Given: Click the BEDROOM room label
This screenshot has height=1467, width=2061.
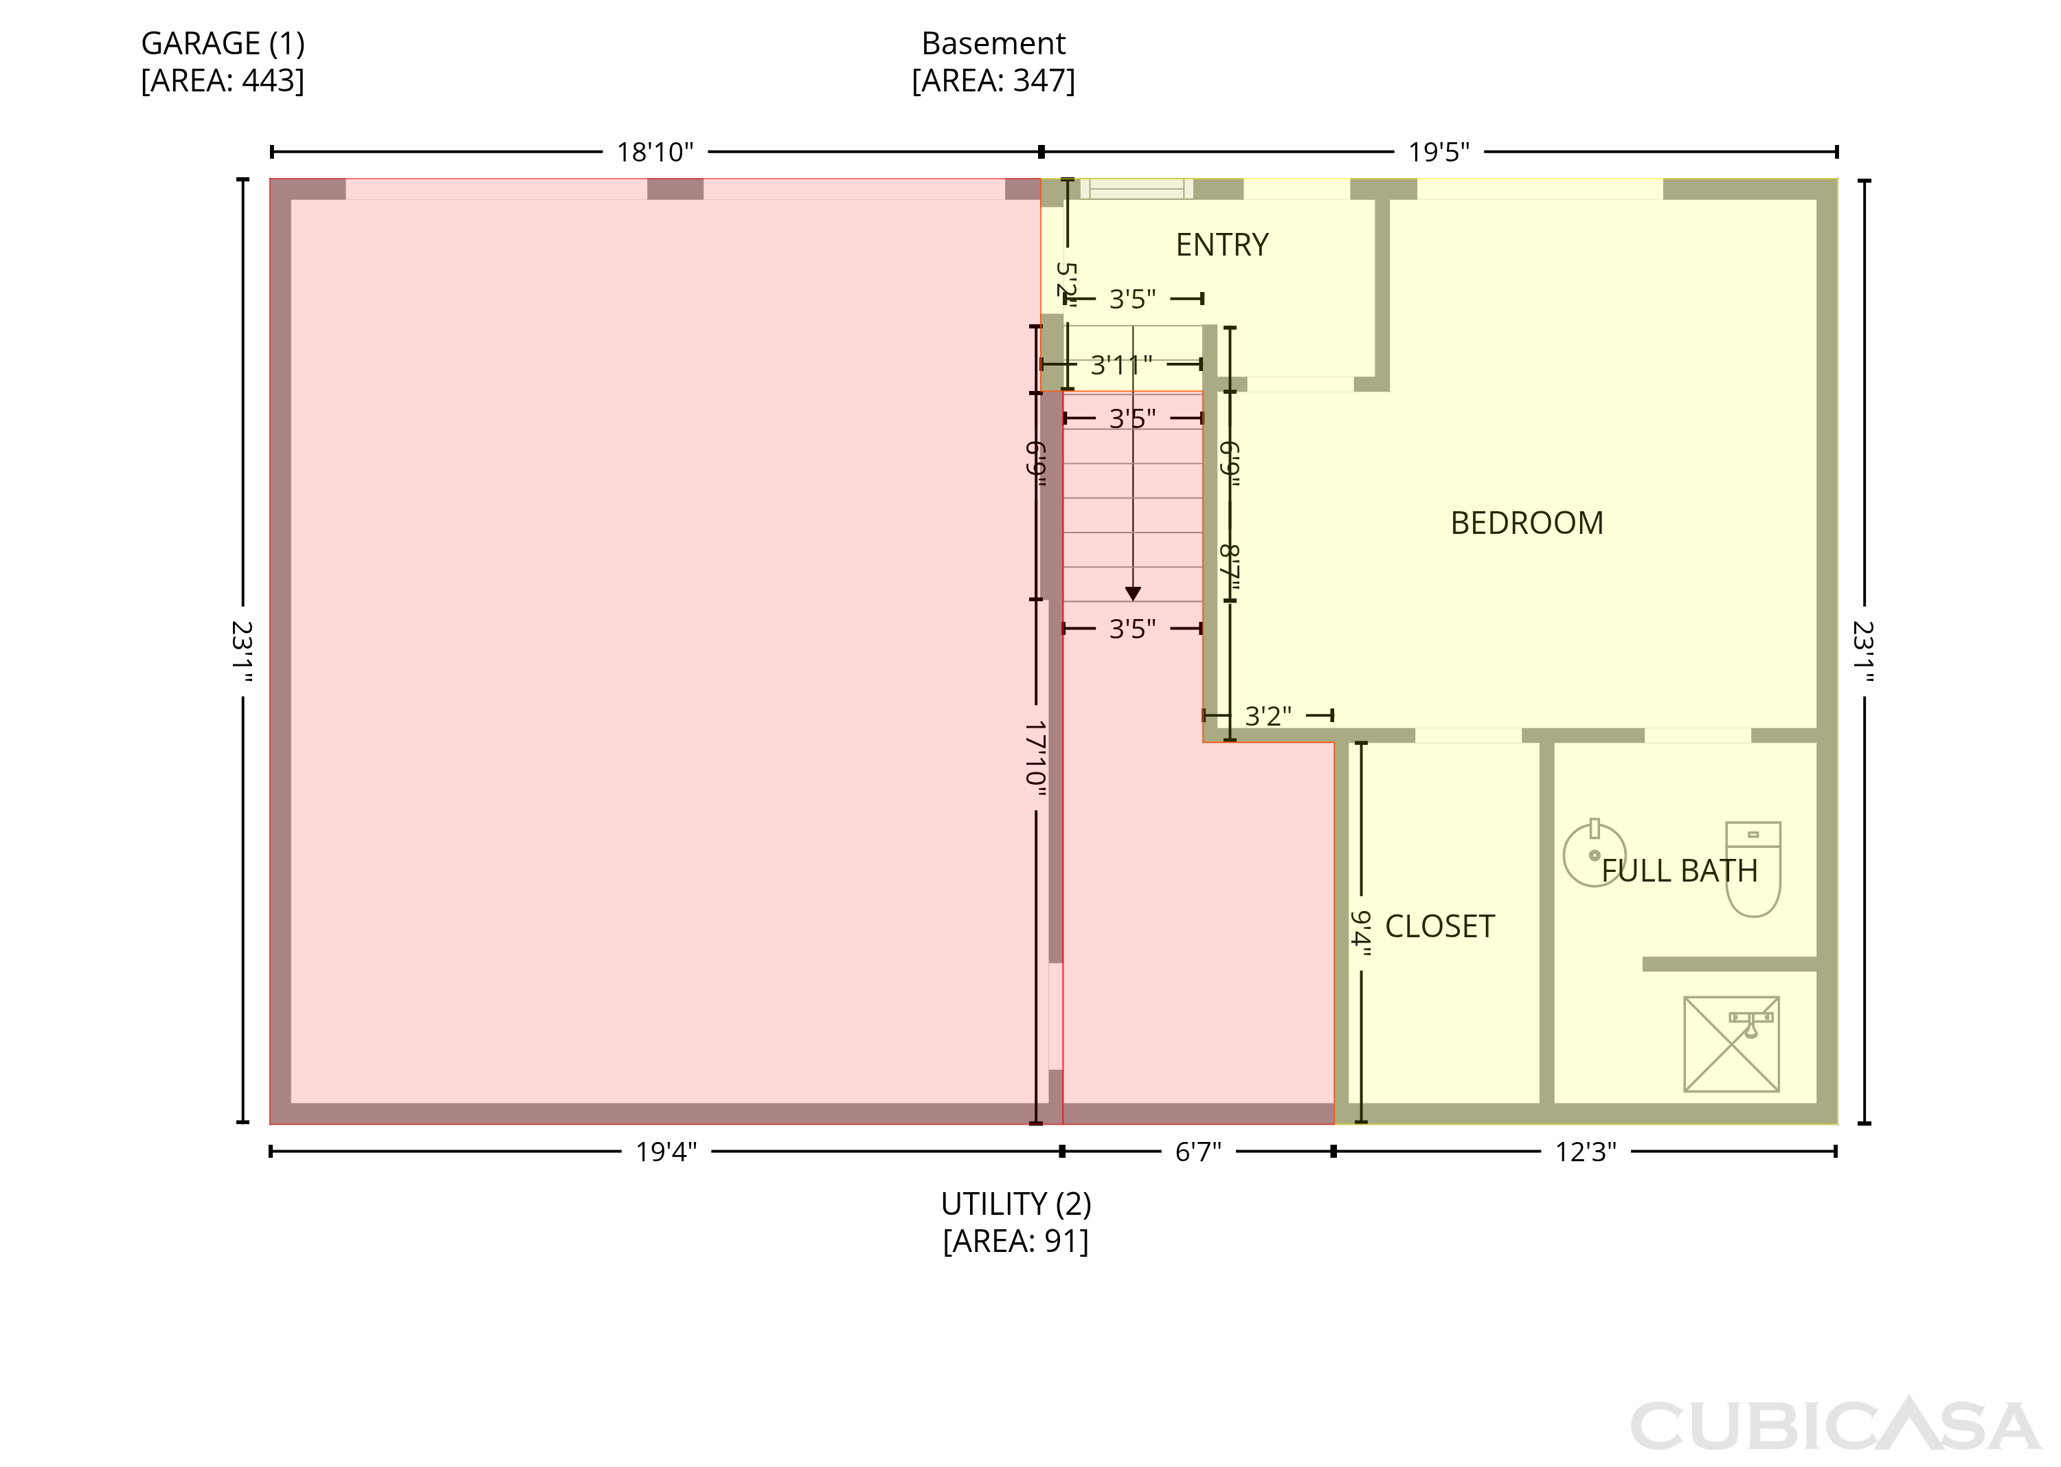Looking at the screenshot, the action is (x=1527, y=523).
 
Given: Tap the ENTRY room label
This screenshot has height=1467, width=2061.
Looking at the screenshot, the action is (x=1222, y=245).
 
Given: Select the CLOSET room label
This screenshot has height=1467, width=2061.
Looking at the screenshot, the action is (x=1440, y=926).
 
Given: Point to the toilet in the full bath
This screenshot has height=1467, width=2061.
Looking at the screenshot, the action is (x=1753, y=869).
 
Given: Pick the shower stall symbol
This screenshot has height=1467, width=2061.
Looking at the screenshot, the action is (x=1731, y=1044).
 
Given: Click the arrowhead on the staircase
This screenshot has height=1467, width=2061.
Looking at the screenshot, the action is (x=1133, y=594).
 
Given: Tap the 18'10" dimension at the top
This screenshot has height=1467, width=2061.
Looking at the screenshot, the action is (x=655, y=152).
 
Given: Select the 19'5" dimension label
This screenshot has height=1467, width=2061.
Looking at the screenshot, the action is (x=1439, y=152).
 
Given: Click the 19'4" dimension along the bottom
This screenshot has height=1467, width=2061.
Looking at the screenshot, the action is (x=666, y=1152).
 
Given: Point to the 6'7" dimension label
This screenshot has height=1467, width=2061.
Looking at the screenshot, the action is (x=1197, y=1152).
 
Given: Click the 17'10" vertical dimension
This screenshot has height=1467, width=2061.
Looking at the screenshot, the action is (x=1036, y=758).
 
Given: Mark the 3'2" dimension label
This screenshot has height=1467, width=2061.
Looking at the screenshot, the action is (x=1268, y=717).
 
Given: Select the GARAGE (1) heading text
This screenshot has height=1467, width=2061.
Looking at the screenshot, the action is (x=223, y=43).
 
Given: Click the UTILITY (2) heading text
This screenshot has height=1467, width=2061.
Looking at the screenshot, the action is (x=1016, y=1204).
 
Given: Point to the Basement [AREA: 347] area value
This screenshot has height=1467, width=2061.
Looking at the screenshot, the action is (x=993, y=81).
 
